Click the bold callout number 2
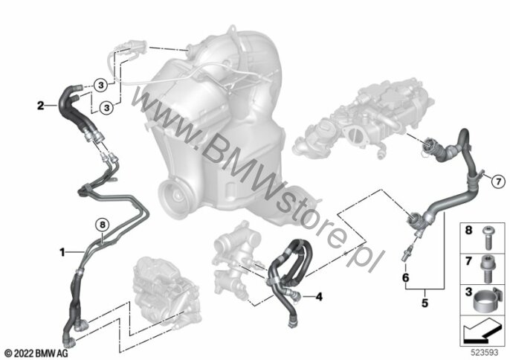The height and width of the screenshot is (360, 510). click(x=40, y=106)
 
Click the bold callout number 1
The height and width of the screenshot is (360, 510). click(x=62, y=252)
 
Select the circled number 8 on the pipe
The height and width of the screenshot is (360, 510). click(x=103, y=225)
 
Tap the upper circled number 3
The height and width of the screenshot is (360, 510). click(x=101, y=86)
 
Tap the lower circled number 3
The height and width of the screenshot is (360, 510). click(x=107, y=107)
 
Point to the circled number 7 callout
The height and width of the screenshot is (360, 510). click(x=498, y=181)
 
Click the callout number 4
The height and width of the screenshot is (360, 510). click(x=319, y=297)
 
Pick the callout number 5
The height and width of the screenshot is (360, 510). click(x=425, y=303)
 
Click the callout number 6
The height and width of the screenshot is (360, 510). click(x=406, y=277)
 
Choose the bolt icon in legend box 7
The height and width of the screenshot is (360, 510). click(x=486, y=269)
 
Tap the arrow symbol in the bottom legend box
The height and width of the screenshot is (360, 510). click(x=482, y=331)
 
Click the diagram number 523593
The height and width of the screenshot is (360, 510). click(x=485, y=353)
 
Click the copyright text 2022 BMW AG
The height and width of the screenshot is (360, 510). click(x=36, y=353)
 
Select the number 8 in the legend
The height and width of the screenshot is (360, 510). click(x=468, y=230)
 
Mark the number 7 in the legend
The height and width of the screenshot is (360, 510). click(x=468, y=261)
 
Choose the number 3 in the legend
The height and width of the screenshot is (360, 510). click(x=468, y=292)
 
